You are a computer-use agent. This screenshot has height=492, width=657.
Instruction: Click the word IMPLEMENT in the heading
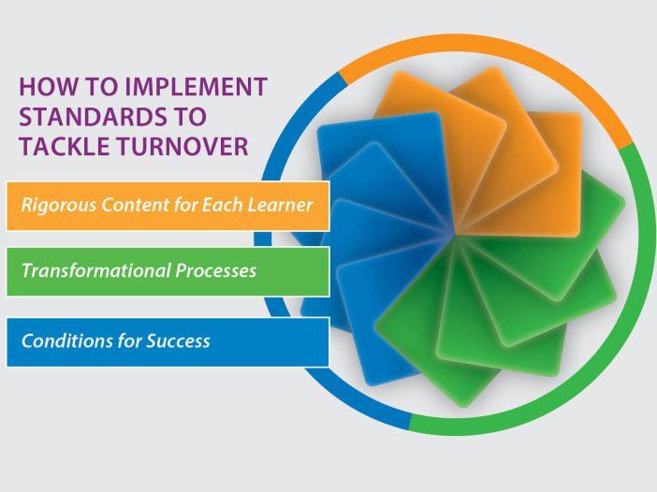pyautogui.click(x=197, y=86)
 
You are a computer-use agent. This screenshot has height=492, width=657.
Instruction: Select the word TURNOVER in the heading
pyautogui.click(x=182, y=146)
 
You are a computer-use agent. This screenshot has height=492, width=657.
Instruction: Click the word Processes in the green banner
pyautogui.click(x=216, y=271)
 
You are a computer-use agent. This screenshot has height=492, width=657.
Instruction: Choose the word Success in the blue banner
pyautogui.click(x=178, y=340)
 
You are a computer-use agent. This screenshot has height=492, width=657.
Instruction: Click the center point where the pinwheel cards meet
pyautogui.click(x=455, y=235)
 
